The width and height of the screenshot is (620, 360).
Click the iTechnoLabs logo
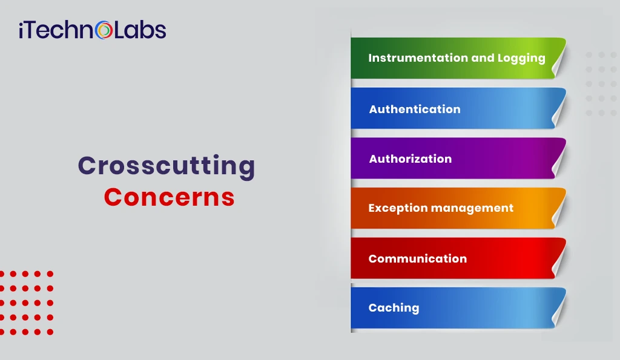pos(92,30)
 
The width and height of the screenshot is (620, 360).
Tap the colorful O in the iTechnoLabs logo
pos(105,30)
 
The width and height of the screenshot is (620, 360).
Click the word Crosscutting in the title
pos(167,166)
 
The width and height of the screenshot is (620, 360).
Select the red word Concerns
pos(169,197)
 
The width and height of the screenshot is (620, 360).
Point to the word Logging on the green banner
pos(521,58)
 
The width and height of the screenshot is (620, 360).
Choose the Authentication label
pos(415,110)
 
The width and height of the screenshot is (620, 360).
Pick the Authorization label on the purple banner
pos(411,159)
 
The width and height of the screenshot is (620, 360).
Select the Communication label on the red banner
pos(418,259)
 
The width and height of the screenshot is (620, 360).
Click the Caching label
pos(394,308)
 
